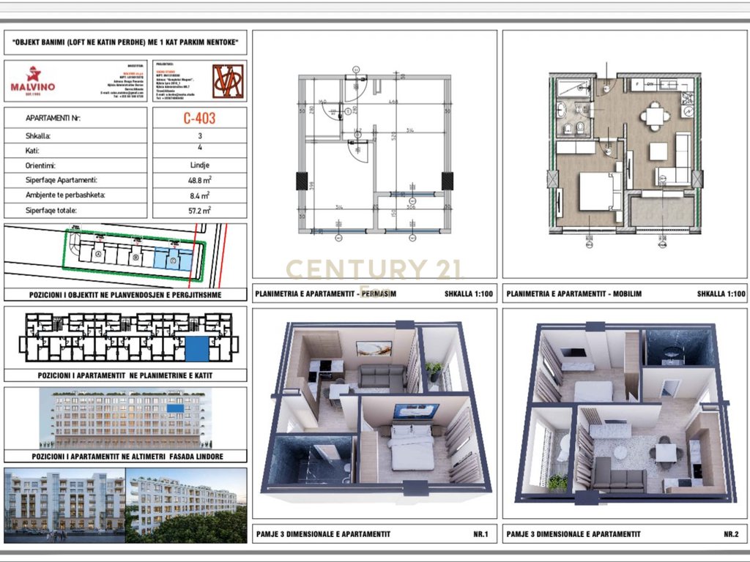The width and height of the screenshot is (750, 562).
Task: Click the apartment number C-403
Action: [x=199, y=118]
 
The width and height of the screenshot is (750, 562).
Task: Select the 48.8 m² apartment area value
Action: [x=200, y=180]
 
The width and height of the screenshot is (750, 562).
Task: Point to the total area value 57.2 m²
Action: [x=200, y=210]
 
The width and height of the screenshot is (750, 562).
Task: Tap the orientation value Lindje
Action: [x=200, y=165]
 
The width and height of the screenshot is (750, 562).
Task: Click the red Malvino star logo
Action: [x=33, y=74]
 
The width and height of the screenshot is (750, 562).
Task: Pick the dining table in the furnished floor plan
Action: [x=653, y=116]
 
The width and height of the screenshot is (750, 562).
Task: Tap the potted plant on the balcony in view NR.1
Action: [x=434, y=370]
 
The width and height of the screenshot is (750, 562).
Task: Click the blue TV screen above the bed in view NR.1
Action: [x=415, y=411]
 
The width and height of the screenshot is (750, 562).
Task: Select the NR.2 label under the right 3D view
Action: [x=730, y=534]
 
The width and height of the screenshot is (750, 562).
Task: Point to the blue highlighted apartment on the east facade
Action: [x=175, y=408]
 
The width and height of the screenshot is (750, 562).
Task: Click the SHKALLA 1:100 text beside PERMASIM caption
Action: [x=468, y=295]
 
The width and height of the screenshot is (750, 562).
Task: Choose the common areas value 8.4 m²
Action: [x=200, y=195]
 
